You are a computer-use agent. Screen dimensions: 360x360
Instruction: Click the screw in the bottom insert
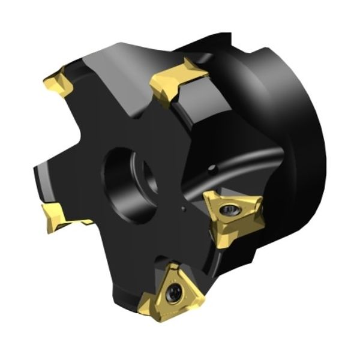[173, 292]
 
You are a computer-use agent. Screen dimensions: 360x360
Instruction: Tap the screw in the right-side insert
[230, 211]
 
